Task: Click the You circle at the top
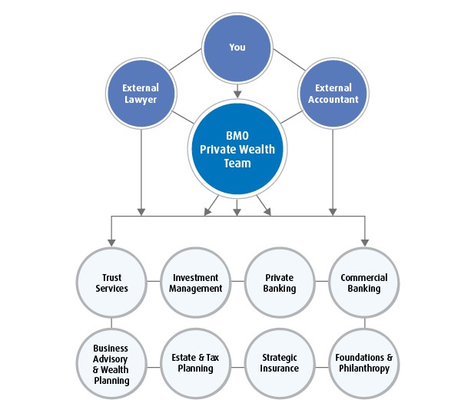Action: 237,47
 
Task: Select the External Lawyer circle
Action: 141,94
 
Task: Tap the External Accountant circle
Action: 333,94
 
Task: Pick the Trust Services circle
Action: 111,283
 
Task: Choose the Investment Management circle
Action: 196,283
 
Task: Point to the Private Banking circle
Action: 280,283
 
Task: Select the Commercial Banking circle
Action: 364,283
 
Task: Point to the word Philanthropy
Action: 364,369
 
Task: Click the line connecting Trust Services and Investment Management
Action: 154,283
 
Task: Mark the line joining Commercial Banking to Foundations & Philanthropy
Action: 364,323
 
